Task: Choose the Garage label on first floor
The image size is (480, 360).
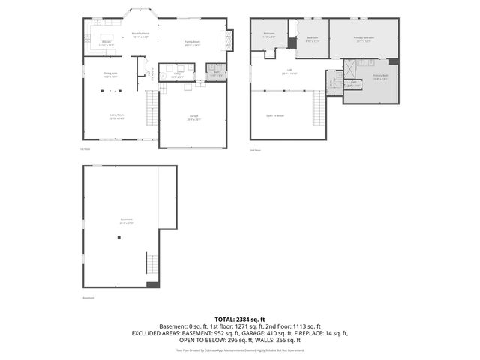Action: point(193,117)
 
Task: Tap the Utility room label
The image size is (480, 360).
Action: point(178,75)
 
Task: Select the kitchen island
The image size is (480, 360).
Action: point(105,37)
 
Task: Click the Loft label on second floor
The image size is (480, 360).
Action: point(289,71)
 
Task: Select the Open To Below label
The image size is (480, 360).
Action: point(275,115)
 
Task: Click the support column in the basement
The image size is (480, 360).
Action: point(118,237)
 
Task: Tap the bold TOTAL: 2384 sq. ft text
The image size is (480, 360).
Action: point(239,319)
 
